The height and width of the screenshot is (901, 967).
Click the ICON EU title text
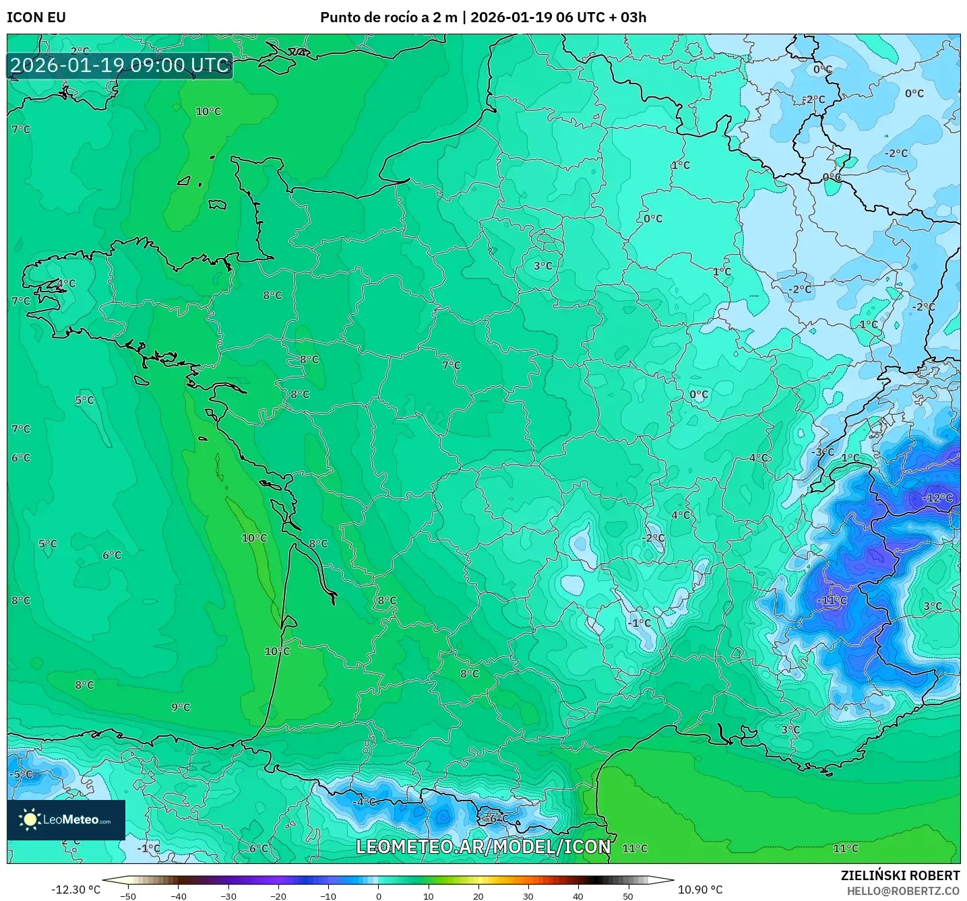click(36, 18)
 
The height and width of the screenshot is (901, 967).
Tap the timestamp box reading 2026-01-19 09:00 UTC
click(120, 65)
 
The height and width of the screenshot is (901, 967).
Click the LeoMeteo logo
click(66, 820)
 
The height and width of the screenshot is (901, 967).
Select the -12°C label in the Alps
click(938, 498)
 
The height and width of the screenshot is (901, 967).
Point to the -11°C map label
click(832, 601)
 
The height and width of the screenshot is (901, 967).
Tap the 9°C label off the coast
click(181, 708)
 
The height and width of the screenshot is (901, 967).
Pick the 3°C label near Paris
click(543, 266)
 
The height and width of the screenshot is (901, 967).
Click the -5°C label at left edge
click(21, 774)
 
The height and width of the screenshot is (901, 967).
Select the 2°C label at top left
click(80, 51)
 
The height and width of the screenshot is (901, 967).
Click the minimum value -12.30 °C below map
click(75, 890)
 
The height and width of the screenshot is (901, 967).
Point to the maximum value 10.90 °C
click(700, 890)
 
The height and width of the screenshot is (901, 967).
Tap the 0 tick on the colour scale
click(379, 896)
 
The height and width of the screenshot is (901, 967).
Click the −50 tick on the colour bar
click(127, 896)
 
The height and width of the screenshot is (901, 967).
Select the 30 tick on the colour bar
click(528, 896)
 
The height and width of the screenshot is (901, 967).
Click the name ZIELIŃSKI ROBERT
click(900, 875)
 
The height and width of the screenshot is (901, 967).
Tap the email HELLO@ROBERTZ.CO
click(903, 891)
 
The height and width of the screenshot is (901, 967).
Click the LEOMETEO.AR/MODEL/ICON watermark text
click(483, 846)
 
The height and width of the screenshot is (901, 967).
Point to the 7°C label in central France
click(451, 366)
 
